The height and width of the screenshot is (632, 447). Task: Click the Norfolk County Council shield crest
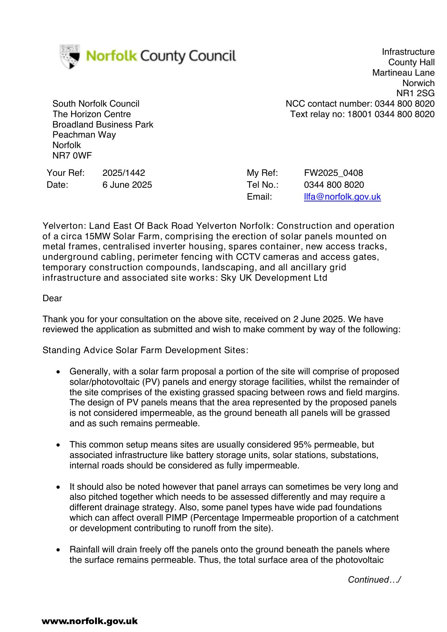[70, 57]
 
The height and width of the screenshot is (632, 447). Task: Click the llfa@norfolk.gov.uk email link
[342, 197]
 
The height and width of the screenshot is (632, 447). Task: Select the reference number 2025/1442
[124, 173]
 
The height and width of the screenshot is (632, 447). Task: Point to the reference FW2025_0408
[333, 173]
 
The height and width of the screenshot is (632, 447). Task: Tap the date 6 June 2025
[127, 185]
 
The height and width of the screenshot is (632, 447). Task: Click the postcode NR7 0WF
[72, 156]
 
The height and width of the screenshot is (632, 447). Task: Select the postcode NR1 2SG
[415, 93]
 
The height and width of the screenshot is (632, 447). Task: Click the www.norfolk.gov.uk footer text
[90, 621]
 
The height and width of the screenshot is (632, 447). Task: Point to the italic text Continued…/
[374, 580]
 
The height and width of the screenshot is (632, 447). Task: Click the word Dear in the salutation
[52, 298]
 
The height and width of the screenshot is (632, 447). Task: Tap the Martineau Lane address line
[403, 73]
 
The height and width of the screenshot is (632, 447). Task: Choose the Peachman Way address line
[84, 135]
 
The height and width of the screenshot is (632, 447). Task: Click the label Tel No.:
[263, 185]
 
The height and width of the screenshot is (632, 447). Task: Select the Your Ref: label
[66, 173]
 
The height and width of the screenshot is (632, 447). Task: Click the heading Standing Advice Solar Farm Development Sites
[145, 350]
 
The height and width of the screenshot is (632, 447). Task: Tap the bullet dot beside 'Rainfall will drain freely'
[58, 550]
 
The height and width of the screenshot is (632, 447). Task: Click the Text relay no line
[362, 114]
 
